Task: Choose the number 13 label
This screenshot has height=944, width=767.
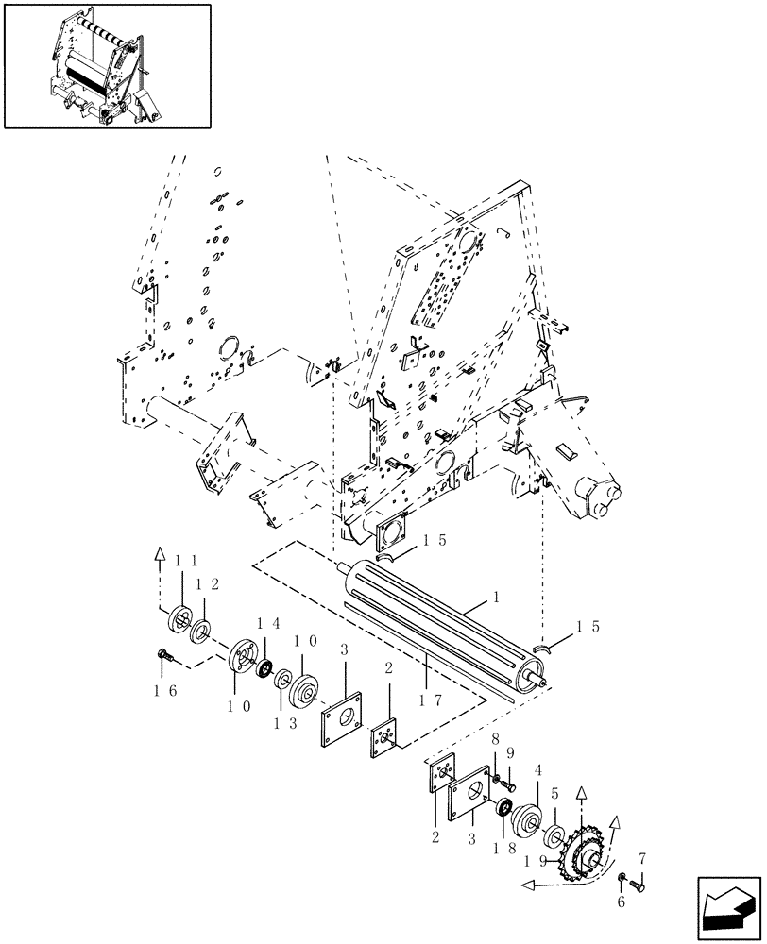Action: pyautogui.click(x=262, y=722)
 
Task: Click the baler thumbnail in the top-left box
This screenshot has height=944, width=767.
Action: pyautogui.click(x=107, y=65)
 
